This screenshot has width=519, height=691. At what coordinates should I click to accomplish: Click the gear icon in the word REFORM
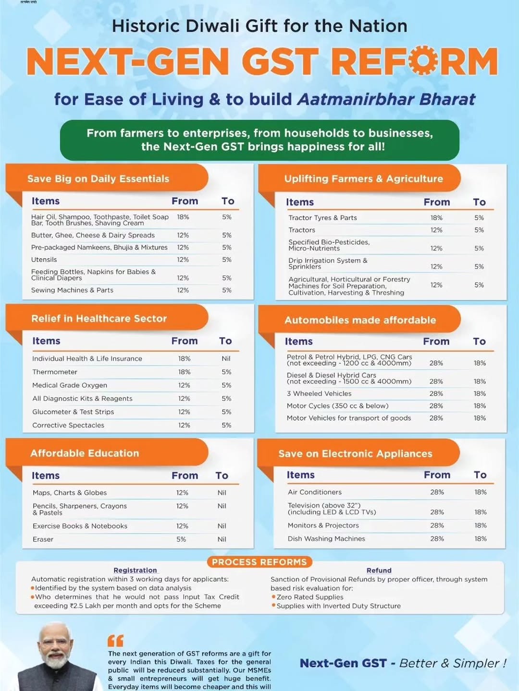424,61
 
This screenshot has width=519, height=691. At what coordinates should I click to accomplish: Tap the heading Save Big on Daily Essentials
98,179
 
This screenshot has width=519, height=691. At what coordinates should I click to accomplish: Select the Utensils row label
44,260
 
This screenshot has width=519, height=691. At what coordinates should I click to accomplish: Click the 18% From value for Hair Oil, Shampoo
183,217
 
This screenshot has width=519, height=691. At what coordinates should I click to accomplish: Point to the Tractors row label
302,230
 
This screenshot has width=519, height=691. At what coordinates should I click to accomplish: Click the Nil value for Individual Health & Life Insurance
226,358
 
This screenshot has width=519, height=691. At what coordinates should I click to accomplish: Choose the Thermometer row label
55,372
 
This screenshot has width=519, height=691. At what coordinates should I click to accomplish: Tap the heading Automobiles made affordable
360,320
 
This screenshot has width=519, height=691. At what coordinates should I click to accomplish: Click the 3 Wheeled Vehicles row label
319,393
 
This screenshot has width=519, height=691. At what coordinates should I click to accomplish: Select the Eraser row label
43,539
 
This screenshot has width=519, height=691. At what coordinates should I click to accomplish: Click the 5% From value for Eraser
181,539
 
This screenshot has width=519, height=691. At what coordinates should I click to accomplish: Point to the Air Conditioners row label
315,492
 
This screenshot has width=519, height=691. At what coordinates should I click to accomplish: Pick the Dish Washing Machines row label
326,538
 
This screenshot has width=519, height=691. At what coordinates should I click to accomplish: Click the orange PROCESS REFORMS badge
259,562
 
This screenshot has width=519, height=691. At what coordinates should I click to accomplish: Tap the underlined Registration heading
135,570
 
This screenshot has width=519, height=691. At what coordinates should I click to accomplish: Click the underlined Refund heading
379,570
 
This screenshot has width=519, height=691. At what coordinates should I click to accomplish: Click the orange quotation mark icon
115,641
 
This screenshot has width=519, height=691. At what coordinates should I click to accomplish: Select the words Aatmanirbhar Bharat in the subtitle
386,99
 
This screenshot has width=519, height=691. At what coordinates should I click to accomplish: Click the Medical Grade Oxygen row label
70,385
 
